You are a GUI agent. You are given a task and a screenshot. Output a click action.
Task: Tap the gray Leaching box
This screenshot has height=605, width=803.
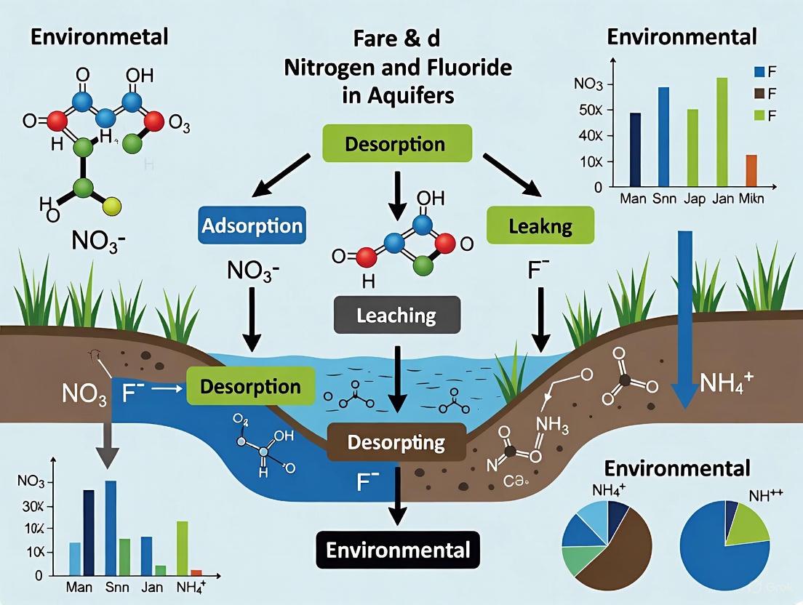pos(396,315)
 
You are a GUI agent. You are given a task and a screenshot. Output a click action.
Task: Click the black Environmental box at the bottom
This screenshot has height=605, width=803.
pos(398,549)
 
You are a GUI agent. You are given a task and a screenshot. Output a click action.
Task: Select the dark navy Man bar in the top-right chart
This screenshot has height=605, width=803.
pos(635,149)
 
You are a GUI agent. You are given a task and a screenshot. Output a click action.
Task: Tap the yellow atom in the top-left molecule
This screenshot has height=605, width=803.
pos(111,209)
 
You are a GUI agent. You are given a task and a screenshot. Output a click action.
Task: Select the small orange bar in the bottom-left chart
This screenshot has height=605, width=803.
pos(196,572)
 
